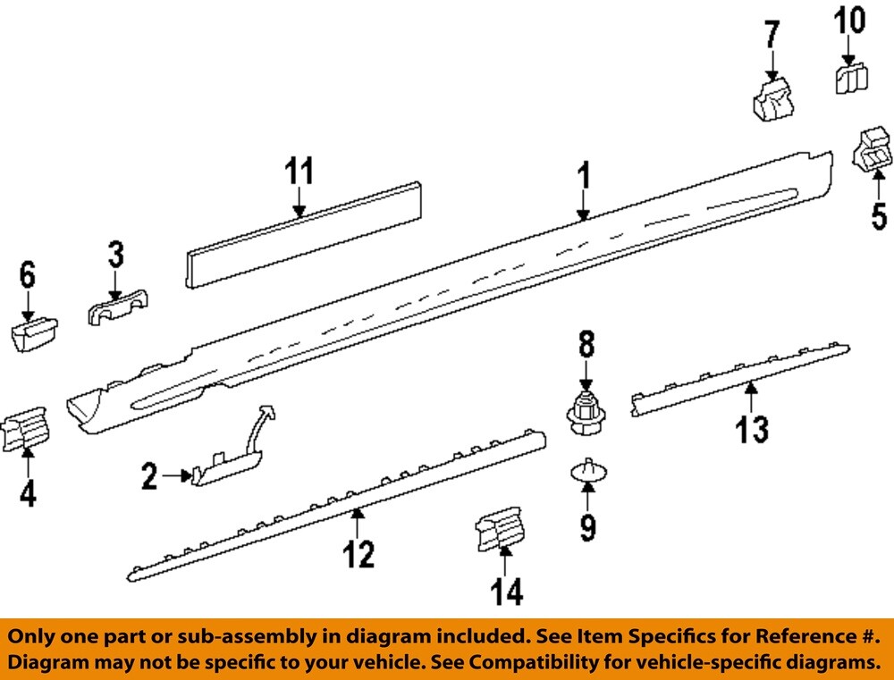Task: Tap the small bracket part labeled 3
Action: [118, 309]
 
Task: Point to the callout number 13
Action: [752, 429]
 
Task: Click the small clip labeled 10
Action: [852, 78]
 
